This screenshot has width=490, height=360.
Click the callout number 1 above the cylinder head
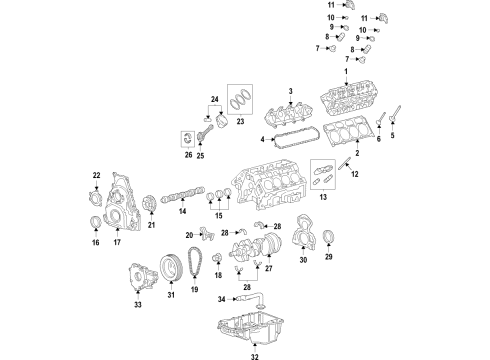(x=346, y=72)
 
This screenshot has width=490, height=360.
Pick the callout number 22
(x=97, y=176)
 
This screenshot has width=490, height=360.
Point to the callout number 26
(x=188, y=155)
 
